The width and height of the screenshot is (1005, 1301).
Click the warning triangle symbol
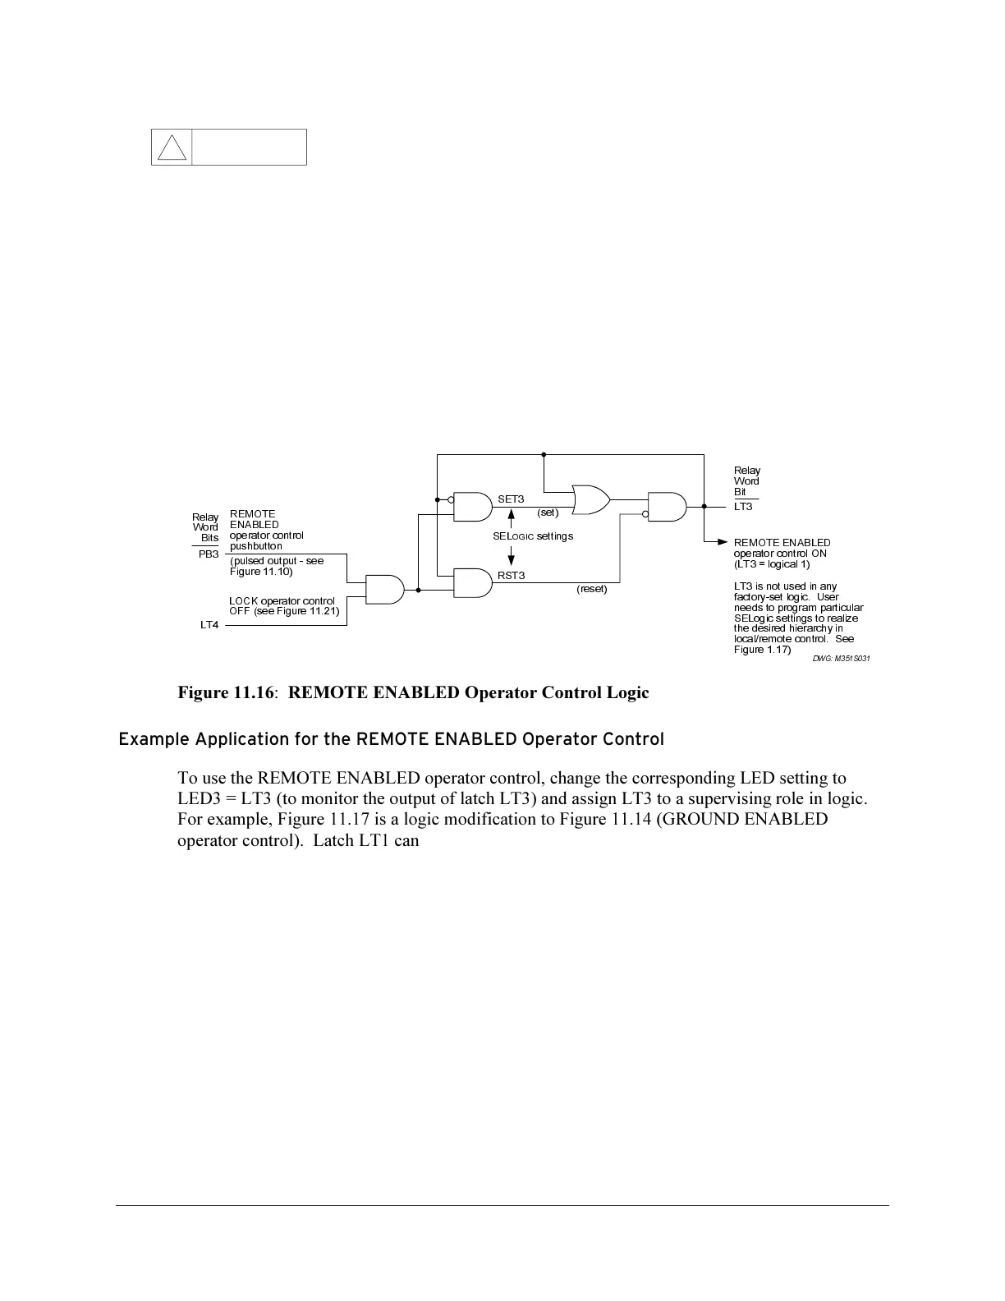pyautogui.click(x=172, y=148)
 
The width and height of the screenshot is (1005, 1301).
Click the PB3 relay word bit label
pyautogui.click(x=209, y=554)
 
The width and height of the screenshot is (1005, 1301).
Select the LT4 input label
pyautogui.click(x=209, y=625)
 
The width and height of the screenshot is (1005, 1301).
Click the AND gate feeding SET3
pyautogui.click(x=471, y=507)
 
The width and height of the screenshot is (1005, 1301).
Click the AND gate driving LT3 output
pyautogui.click(x=667, y=507)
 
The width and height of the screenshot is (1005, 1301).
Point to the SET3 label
pyautogui.click(x=511, y=499)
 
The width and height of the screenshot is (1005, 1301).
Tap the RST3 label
pyautogui.click(x=511, y=575)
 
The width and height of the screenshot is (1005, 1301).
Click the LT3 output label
pyautogui.click(x=743, y=507)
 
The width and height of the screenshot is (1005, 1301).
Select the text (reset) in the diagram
pyautogui.click(x=592, y=589)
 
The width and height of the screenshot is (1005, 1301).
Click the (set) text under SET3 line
pyautogui.click(x=548, y=513)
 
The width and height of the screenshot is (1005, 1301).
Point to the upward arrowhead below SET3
pyautogui.click(x=512, y=515)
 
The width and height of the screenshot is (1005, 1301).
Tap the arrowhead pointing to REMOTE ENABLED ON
pyautogui.click(x=722, y=542)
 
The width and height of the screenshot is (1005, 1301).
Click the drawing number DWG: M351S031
pyautogui.click(x=842, y=659)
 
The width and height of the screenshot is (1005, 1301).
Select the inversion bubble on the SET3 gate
pyautogui.click(x=451, y=499)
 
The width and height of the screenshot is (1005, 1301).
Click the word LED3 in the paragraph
pyautogui.click(x=201, y=799)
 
